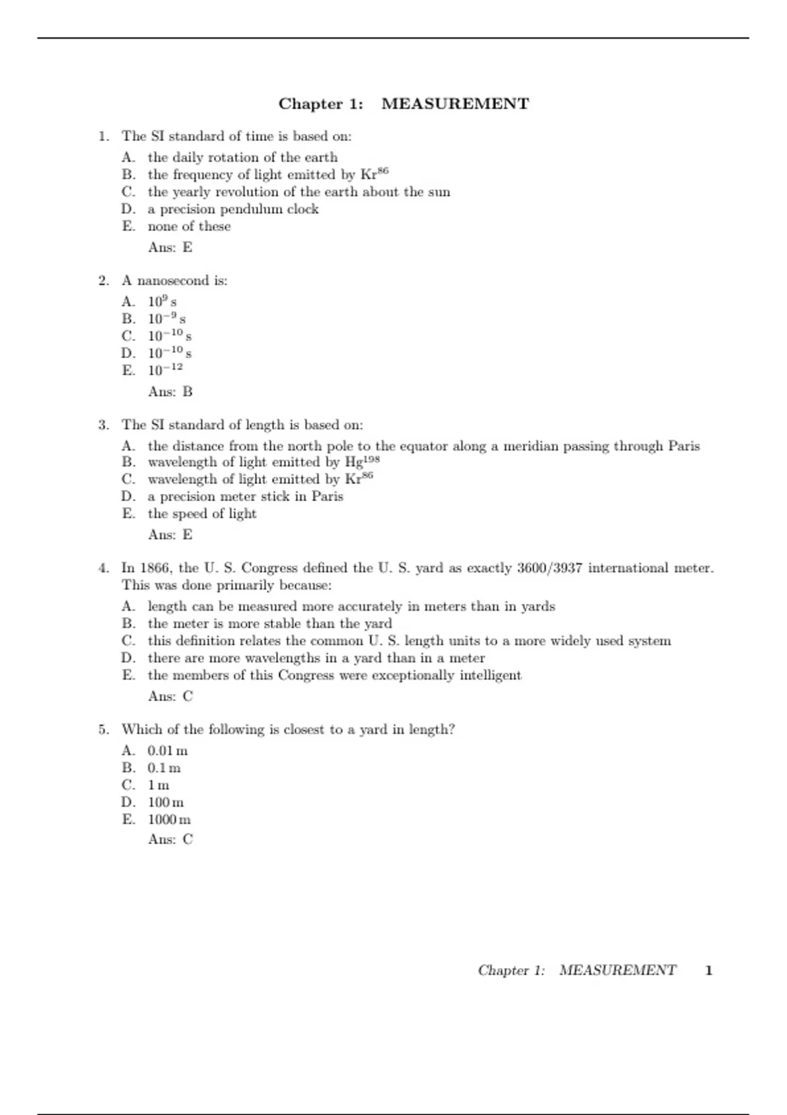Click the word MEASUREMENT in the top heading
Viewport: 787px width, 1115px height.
tap(455, 104)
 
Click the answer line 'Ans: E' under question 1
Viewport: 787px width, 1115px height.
tap(171, 247)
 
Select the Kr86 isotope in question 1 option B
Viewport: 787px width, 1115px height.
tap(374, 174)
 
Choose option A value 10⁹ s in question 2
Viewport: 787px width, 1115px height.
tap(162, 302)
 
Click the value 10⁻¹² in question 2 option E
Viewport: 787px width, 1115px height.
tap(165, 370)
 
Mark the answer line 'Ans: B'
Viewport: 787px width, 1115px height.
tap(171, 392)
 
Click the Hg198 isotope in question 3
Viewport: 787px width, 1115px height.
tap(362, 462)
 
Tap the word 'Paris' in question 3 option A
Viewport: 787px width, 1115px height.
tap(684, 446)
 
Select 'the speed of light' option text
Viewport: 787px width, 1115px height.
tap(202, 514)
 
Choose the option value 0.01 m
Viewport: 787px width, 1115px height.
tap(167, 750)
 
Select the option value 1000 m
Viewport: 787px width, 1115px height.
tap(169, 819)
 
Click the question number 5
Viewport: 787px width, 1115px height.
tap(104, 729)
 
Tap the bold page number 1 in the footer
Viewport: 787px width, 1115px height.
tap(708, 970)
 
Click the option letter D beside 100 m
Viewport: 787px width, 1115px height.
tap(128, 802)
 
